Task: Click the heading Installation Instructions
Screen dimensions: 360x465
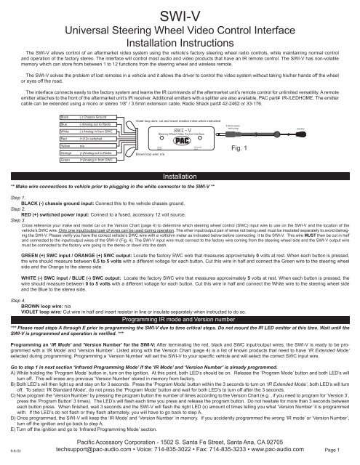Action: pos(180,43)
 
